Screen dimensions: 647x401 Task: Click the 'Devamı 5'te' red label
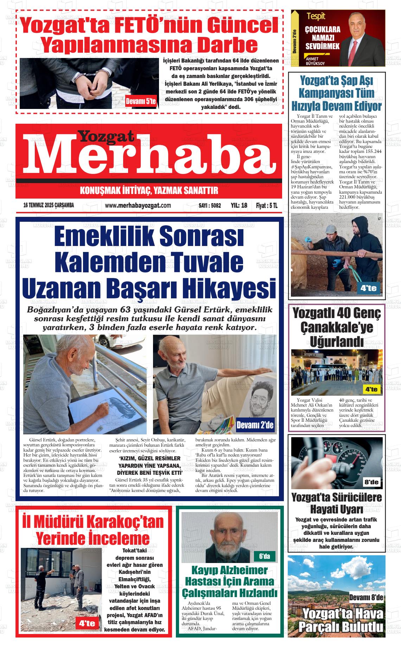pos(140,102)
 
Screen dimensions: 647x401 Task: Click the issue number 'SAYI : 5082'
pos(210,206)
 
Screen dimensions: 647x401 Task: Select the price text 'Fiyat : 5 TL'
pos(267,206)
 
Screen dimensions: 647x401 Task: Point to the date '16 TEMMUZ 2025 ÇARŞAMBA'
pos(49,206)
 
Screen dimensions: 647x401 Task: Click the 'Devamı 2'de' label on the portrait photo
pos(255,425)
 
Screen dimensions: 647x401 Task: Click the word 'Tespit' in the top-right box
pos(316,16)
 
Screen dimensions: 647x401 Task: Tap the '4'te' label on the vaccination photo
pos(368,289)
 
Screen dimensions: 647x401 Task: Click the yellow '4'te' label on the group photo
pos(371,389)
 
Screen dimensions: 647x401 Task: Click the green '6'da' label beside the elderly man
pos(264,556)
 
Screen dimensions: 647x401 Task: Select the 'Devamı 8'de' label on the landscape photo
pos(366,597)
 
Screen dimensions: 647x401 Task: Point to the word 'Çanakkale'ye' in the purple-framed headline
pos(336,327)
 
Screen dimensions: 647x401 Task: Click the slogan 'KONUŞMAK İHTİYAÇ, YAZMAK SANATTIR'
pos(149,191)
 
